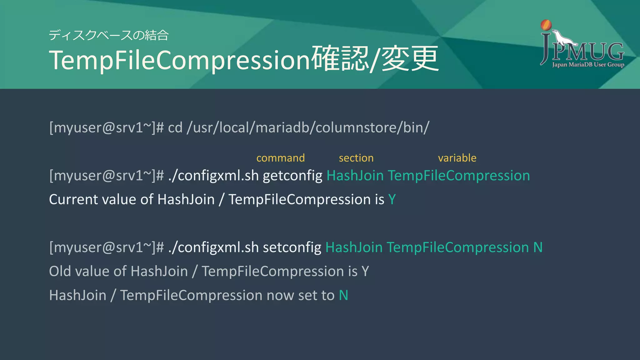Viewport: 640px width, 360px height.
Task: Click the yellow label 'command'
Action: (280, 158)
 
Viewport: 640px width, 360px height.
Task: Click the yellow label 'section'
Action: (356, 158)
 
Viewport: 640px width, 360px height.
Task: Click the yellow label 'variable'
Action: (457, 158)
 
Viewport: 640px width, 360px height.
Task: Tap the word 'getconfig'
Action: (292, 176)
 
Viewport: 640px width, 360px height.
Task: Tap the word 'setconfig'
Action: (292, 247)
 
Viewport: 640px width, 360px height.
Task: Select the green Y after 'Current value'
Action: (392, 199)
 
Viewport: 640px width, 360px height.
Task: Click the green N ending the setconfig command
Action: (538, 247)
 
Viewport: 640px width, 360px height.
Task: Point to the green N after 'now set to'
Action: (343, 295)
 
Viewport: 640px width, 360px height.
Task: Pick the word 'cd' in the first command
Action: (175, 127)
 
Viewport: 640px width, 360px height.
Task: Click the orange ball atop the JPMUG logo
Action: (546, 25)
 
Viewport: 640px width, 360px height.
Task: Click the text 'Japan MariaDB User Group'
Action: (588, 65)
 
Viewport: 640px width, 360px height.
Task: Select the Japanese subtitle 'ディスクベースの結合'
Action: (108, 35)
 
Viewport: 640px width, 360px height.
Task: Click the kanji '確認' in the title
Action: (340, 58)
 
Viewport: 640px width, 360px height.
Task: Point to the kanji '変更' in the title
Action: (410, 58)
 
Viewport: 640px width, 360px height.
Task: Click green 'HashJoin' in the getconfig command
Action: (355, 176)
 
